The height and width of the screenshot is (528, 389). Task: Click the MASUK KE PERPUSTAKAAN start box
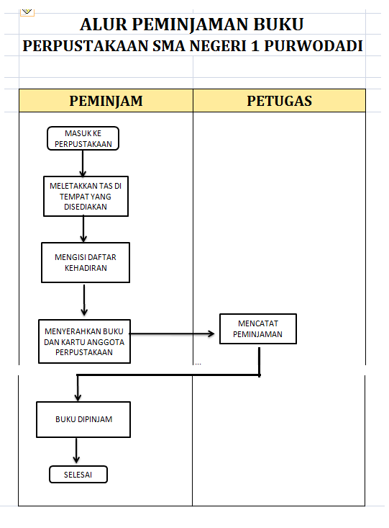point(83,138)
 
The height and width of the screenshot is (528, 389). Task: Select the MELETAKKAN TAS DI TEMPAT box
point(86,195)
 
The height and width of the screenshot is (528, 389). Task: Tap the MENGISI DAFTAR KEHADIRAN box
point(86,262)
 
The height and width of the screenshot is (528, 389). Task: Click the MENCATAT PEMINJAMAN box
point(257,328)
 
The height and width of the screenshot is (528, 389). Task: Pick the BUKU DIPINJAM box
point(83,419)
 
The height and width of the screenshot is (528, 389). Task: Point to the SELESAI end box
point(78,474)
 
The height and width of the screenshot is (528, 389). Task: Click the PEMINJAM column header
point(106,101)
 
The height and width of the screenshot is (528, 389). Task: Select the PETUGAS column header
point(280,101)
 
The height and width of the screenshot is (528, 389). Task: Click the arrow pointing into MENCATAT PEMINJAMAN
point(173,334)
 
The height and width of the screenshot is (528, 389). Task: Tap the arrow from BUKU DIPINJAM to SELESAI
point(76,452)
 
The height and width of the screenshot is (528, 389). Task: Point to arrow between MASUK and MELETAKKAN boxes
point(83,163)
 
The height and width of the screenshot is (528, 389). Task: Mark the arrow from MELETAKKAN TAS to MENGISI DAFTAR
point(84,229)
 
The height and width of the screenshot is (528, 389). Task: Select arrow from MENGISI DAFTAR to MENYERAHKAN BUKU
point(85,299)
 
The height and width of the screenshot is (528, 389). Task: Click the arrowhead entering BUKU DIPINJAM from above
point(77,395)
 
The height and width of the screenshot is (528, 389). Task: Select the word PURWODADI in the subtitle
point(322,46)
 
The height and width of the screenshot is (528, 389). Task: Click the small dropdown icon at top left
point(27,12)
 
